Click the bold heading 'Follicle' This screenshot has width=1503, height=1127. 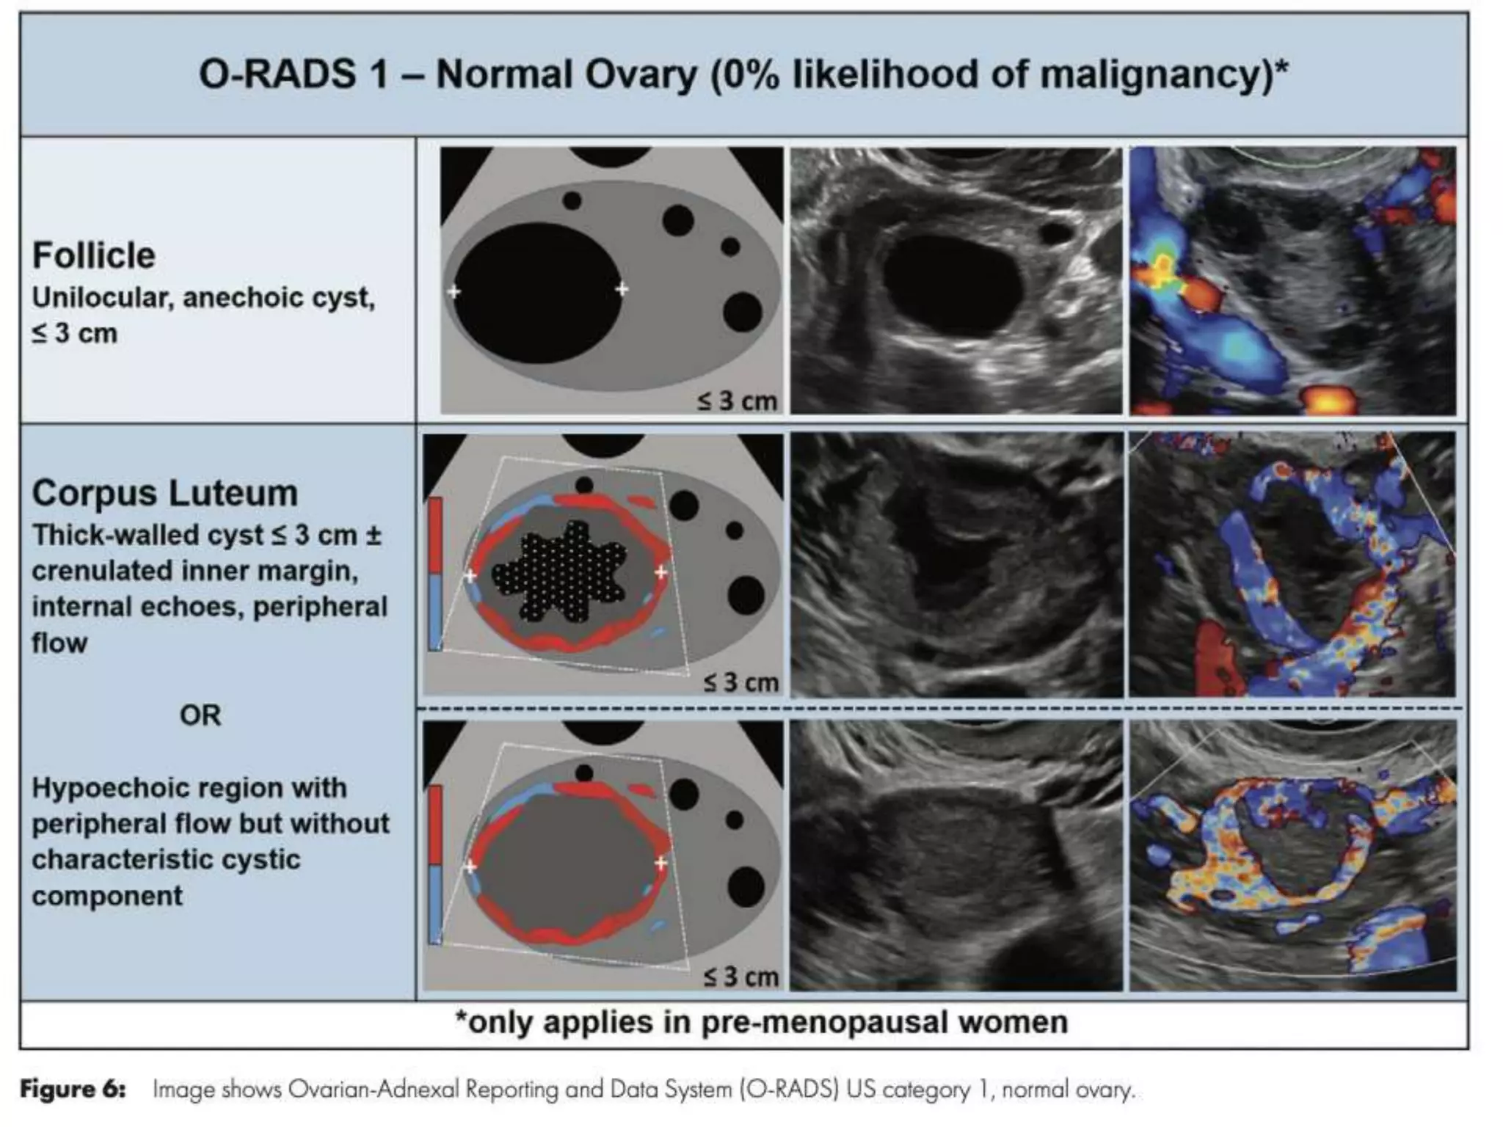pyautogui.click(x=93, y=256)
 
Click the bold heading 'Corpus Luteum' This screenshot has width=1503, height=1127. pyautogui.click(x=164, y=493)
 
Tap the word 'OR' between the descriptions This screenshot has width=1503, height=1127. pyautogui.click(x=200, y=715)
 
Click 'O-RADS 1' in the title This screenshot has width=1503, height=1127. pyautogui.click(x=294, y=75)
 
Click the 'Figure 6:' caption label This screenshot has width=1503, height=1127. pyautogui.click(x=73, y=1090)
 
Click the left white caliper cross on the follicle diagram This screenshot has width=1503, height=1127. pyautogui.click(x=454, y=291)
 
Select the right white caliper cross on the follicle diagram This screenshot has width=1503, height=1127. pyautogui.click(x=622, y=289)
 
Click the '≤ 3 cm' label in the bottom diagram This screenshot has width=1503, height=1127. pyautogui.click(x=740, y=977)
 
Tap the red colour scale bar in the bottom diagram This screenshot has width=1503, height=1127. pyautogui.click(x=435, y=825)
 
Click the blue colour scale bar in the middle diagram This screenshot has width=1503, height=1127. pyautogui.click(x=435, y=611)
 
